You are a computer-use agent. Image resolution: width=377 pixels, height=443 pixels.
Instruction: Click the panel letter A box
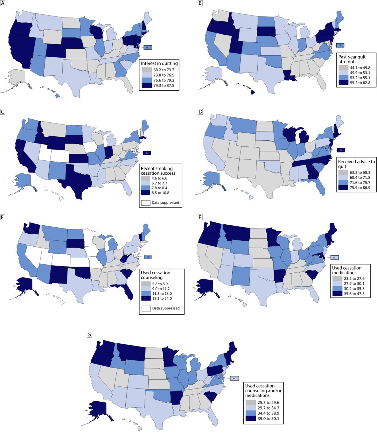(3, 3)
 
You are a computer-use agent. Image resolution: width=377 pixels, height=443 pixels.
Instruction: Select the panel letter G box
(89, 334)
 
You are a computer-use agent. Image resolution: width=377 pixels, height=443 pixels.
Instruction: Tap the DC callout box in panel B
(340, 45)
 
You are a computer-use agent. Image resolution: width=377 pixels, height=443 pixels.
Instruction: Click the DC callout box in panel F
(334, 257)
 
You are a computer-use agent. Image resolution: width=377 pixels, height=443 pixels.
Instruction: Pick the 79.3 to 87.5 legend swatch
(147, 85)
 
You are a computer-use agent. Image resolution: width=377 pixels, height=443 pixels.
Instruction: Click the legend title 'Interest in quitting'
(159, 63)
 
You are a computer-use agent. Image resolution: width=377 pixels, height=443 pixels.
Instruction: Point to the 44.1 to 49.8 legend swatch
(343, 67)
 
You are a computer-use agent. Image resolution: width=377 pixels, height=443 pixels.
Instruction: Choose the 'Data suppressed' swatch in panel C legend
(145, 203)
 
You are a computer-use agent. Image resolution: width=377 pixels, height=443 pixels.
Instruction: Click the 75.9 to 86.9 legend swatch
(343, 188)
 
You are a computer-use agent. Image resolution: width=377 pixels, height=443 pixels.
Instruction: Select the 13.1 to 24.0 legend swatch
(146, 299)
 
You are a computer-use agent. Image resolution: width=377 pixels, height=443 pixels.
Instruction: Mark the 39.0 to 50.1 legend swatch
(251, 418)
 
